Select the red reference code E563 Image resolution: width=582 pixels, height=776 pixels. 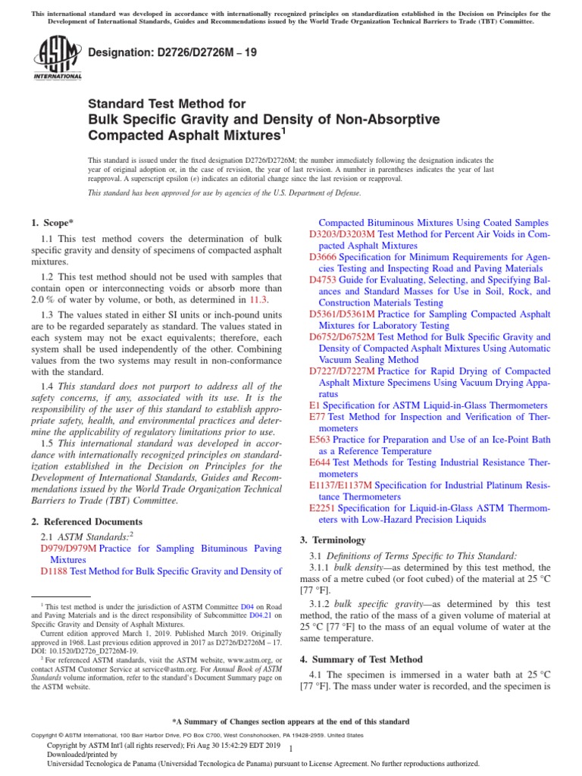tap(321, 439)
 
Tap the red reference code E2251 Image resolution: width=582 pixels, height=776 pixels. tap(324, 508)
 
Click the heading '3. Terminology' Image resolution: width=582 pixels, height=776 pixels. tap(333, 540)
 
